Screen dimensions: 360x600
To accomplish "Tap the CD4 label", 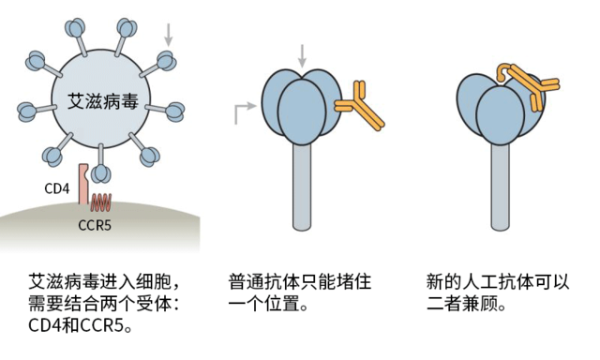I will click(x=57, y=188).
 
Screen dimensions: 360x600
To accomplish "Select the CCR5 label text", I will click(x=95, y=226).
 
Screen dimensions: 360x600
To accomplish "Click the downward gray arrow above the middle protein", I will click(x=301, y=54).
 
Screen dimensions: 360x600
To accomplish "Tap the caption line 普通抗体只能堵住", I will click(x=294, y=281).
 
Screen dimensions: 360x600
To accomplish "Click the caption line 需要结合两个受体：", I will click(x=103, y=304).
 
